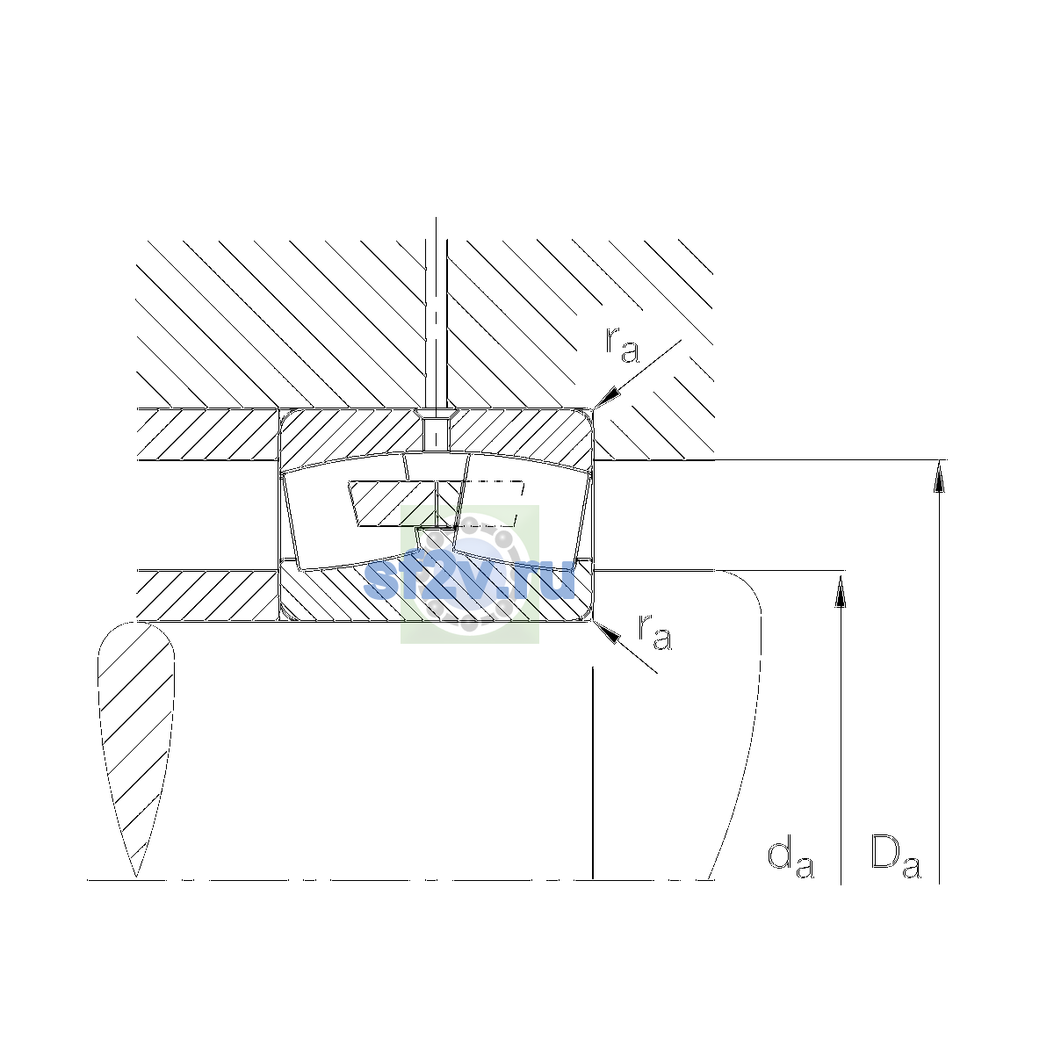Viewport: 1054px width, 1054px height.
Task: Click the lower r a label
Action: click(x=654, y=632)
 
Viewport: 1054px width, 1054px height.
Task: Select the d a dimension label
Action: click(x=790, y=862)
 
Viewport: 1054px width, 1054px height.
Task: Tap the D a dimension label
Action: click(x=895, y=860)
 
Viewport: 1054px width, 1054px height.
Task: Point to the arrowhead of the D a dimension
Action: click(x=939, y=476)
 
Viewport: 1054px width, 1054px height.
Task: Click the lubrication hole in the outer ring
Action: click(x=436, y=433)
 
